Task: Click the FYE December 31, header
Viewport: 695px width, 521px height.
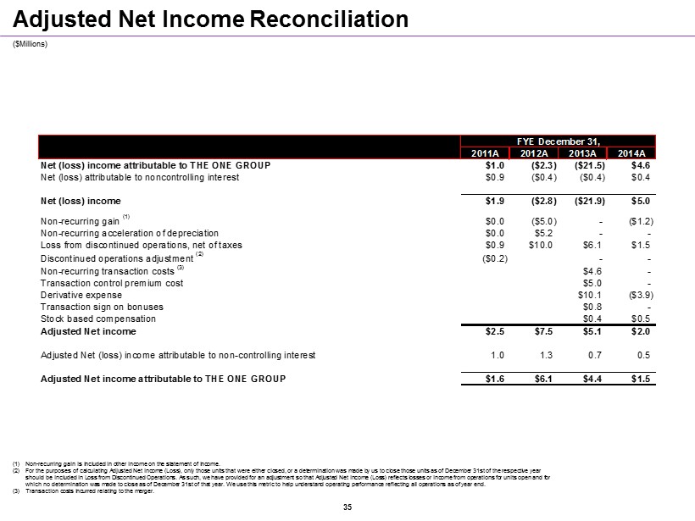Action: [x=561, y=141]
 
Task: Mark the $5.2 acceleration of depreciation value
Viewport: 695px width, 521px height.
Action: [x=543, y=233]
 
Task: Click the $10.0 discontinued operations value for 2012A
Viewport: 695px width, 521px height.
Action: [x=541, y=245]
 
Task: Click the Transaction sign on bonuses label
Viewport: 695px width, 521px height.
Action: [x=102, y=306]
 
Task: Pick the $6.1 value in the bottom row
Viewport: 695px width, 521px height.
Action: [x=543, y=379]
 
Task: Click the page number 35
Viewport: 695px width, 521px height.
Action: [x=347, y=507]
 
